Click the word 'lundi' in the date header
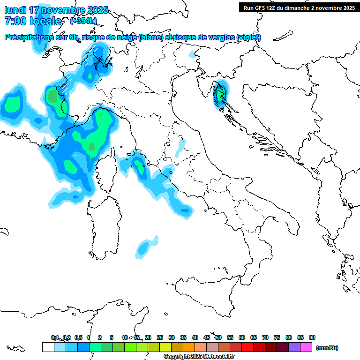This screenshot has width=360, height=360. click(x=15, y=10)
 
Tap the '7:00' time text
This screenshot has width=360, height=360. click(x=15, y=21)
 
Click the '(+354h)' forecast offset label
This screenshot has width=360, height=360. click(x=83, y=21)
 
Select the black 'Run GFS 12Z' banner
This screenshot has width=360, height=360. click(x=299, y=7)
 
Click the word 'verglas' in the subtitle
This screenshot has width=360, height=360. click(x=219, y=37)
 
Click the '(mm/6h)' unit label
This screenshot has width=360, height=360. click(x=327, y=348)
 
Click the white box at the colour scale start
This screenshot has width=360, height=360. click(x=48, y=347)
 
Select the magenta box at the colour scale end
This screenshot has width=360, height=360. click(x=306, y=347)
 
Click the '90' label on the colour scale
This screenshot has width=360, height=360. click(x=312, y=337)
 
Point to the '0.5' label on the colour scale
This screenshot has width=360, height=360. click(x=78, y=337)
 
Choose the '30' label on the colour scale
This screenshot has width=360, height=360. click(x=172, y=337)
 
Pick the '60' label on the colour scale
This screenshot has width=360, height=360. click(x=242, y=337)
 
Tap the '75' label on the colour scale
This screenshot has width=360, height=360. click(x=277, y=337)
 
